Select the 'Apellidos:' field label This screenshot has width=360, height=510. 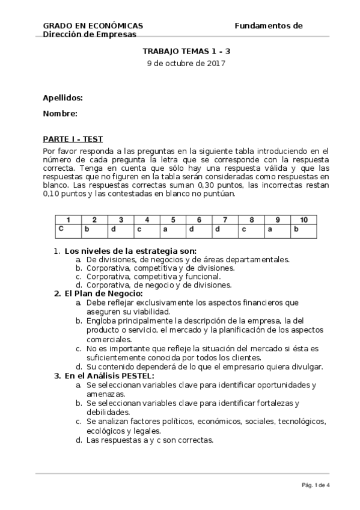[63, 97]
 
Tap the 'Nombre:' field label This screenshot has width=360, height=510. [60, 113]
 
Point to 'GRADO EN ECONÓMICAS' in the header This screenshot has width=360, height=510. [93, 26]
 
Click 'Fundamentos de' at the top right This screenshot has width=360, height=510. [268, 26]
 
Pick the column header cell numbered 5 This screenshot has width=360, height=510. [172, 220]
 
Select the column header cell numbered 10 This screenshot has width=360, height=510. [304, 220]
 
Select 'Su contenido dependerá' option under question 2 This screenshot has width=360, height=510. [205, 367]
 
